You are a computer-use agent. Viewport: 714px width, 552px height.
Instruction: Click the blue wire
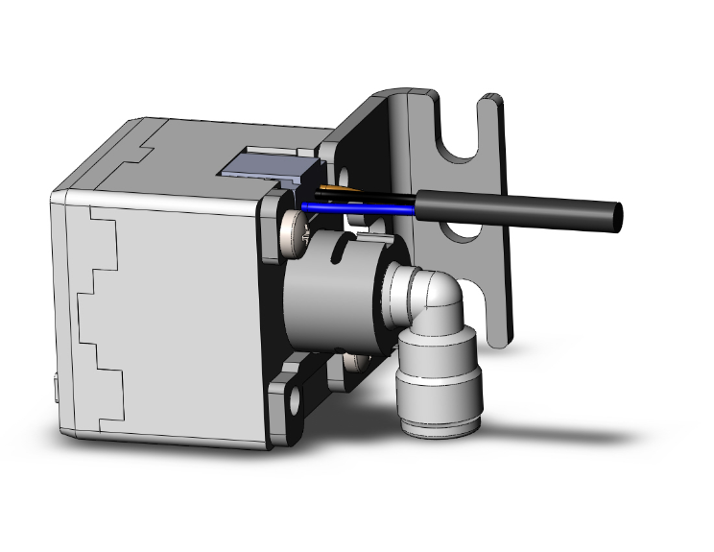(x=355, y=204)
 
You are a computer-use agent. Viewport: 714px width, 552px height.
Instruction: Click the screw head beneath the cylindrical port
(x=356, y=363)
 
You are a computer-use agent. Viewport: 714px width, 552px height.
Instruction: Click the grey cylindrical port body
(x=331, y=288)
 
